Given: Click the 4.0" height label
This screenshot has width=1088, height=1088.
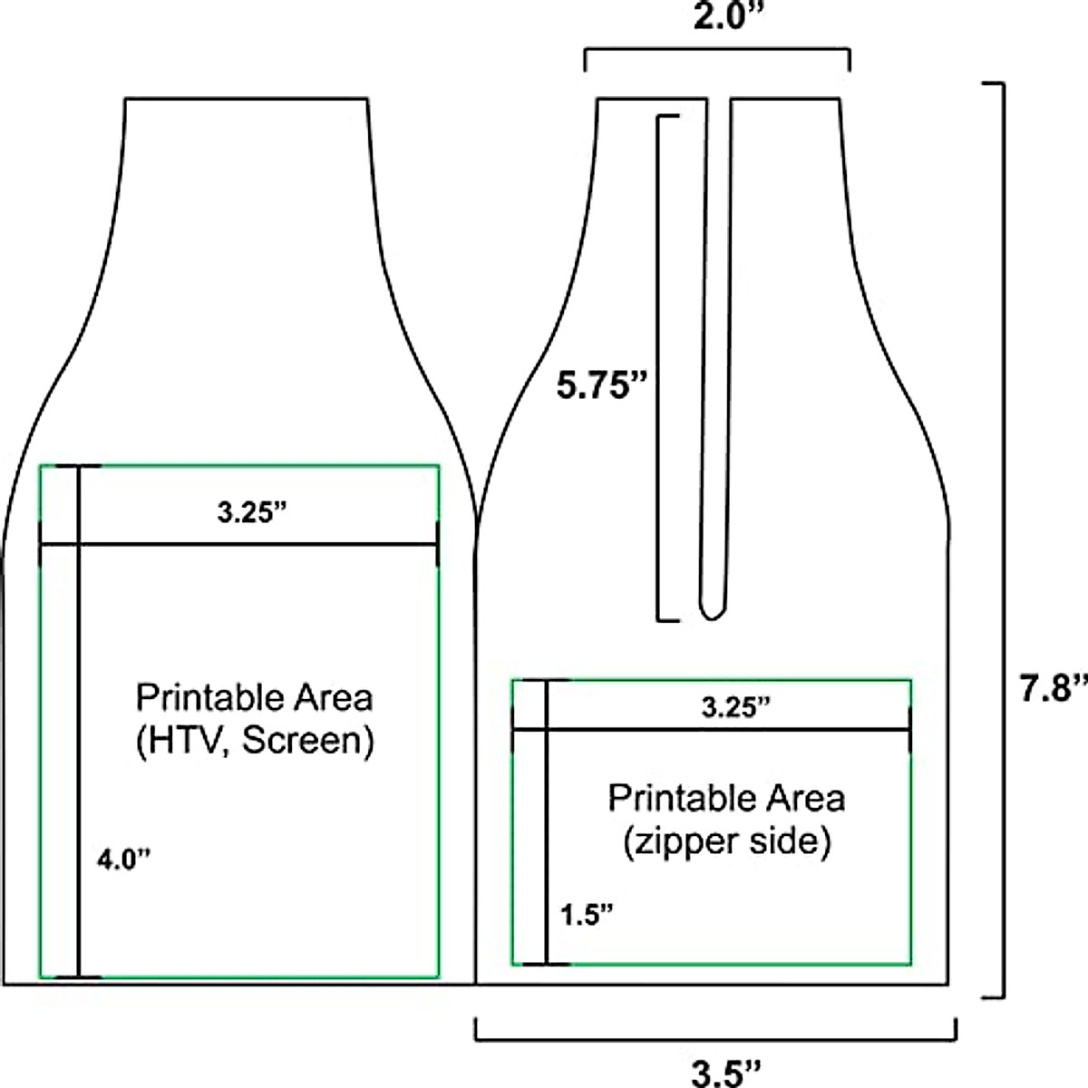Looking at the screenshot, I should (x=122, y=858).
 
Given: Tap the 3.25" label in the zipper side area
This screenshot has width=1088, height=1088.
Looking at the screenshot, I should (x=736, y=708).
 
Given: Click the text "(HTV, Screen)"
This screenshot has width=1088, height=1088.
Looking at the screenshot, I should (x=255, y=741).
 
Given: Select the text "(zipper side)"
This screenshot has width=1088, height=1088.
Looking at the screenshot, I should (x=726, y=842).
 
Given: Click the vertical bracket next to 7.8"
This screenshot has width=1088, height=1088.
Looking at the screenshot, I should (x=1002, y=539).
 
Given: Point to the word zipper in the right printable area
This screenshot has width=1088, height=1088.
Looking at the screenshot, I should (x=679, y=843).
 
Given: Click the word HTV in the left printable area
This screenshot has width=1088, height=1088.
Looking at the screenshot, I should (x=178, y=741).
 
